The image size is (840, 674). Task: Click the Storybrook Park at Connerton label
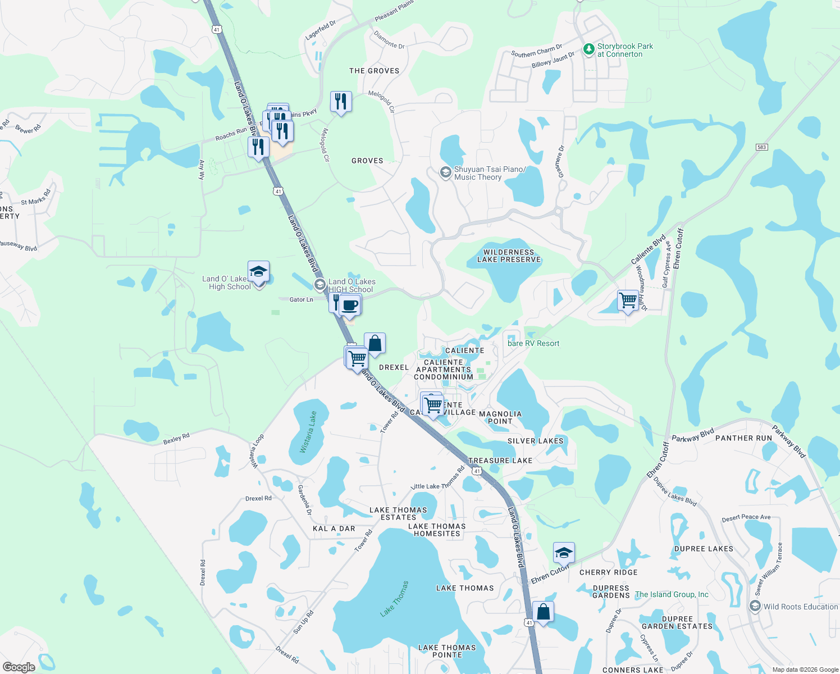coord(625,51)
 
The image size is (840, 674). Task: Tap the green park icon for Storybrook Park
coord(588,50)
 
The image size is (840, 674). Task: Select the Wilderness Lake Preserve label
coord(509,256)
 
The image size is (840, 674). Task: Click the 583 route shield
coord(761,147)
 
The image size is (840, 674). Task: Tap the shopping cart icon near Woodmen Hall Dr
coord(628,300)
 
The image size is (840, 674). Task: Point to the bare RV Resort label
coord(533,344)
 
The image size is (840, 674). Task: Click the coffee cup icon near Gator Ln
coord(350,305)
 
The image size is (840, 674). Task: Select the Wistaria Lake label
coord(308,432)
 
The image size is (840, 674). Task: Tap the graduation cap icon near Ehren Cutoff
coord(563,553)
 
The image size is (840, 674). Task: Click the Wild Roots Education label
coord(800,607)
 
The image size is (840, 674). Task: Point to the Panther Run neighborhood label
coord(743,438)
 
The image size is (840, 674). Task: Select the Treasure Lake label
coord(500,461)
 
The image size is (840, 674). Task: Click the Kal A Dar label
coord(334,529)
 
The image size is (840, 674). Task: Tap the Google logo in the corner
coord(19,667)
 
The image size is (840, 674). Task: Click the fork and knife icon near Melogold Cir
coord(341,102)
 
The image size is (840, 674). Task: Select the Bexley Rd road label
coord(176,438)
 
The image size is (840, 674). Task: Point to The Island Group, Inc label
coord(672,594)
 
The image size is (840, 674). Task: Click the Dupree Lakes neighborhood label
coord(704,549)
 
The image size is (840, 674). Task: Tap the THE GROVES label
coord(374,71)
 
